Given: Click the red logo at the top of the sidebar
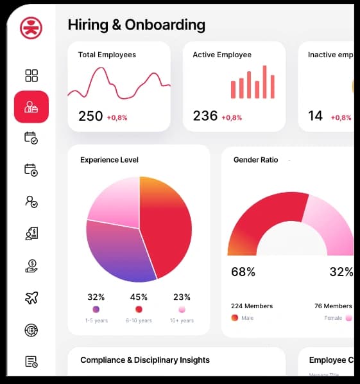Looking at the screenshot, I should [31, 28].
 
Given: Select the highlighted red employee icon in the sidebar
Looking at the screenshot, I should [31, 107].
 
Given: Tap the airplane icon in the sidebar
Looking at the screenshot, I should [31, 297].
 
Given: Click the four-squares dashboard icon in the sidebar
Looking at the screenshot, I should [31, 76].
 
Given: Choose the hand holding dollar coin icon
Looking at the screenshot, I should [31, 266].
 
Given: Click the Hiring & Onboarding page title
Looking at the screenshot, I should [136, 25].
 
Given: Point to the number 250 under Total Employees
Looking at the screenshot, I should [90, 116].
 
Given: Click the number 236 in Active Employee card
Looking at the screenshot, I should [205, 116].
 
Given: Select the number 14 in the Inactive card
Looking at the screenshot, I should [315, 116].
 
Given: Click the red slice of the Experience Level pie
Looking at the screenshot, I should [168, 225].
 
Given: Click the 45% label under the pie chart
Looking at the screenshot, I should [139, 297].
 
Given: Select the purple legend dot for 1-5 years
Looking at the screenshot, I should [96, 310].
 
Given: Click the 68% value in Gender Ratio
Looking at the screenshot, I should [243, 272].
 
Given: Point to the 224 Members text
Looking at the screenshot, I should [252, 306].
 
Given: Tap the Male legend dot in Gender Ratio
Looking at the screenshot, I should [235, 317].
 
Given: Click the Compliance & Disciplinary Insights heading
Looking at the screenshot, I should [145, 360].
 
